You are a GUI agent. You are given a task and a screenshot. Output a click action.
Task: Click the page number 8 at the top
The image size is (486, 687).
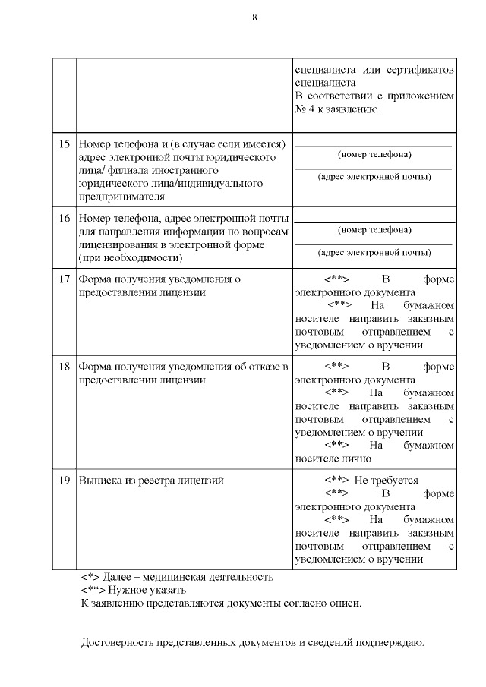coord(254,17)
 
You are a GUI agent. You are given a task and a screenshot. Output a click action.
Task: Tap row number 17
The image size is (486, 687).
coord(65,279)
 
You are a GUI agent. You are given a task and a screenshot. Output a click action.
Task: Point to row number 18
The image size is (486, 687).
coord(65,367)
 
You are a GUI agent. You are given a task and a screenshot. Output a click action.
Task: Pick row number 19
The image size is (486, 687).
coord(65,481)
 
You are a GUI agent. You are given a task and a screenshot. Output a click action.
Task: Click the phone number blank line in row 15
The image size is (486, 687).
coord(373,145)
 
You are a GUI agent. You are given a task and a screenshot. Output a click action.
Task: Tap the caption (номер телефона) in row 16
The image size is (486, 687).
coord(374,230)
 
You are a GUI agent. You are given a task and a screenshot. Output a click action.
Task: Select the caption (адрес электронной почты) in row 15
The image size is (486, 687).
coord(374,177)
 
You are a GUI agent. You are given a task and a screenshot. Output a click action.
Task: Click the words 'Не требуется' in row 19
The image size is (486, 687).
coord(387,481)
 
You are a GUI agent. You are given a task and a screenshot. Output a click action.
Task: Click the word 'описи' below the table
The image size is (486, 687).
coord(345,603)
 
